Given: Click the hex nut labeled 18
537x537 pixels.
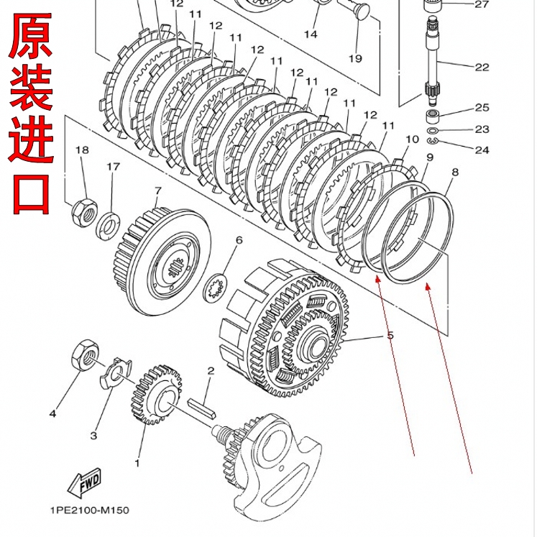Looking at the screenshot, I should [83, 211].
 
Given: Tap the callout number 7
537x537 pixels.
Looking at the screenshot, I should [157, 191].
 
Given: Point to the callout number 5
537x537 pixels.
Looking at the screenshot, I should [390, 336].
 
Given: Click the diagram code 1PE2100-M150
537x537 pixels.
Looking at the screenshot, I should [89, 511].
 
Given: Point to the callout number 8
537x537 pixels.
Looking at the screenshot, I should [454, 173].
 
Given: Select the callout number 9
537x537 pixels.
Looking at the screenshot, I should [429, 157].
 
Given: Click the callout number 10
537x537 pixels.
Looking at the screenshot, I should [412, 139].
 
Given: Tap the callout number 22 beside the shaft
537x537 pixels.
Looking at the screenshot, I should [482, 67].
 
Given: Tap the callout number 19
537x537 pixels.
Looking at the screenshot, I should [355, 58].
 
